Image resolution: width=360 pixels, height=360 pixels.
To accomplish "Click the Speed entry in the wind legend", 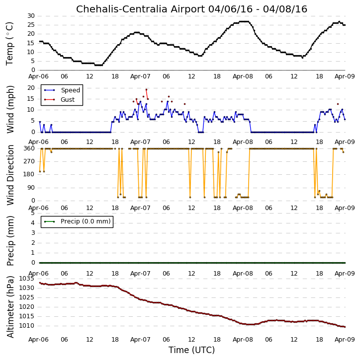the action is (70, 90).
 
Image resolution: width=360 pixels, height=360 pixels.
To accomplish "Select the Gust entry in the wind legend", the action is (68, 100).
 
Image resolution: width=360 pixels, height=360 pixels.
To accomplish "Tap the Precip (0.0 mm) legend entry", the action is (86, 221).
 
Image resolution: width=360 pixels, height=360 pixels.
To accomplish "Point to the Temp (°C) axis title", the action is (9, 44).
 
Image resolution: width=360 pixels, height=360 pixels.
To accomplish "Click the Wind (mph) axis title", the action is (10, 110).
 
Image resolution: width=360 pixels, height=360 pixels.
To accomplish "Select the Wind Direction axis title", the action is (10, 175).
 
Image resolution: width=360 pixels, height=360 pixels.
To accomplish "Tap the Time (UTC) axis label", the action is (192, 351).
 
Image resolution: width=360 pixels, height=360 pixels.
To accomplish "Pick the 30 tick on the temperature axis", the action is (31, 16).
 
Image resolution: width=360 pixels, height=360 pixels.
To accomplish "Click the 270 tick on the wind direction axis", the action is (29, 161).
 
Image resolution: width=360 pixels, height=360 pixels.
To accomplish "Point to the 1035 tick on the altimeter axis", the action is (26, 279).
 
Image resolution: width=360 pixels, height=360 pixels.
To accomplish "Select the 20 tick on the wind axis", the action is (31, 88).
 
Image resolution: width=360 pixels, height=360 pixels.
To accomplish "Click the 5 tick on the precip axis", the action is (33, 214).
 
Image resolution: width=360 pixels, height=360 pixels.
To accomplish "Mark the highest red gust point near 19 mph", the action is (147, 89).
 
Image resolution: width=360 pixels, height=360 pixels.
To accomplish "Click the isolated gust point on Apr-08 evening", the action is (338, 104).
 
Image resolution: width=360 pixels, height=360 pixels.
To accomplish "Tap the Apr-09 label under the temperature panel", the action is (345, 76).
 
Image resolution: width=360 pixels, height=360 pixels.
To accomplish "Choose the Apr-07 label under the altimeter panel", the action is (140, 340).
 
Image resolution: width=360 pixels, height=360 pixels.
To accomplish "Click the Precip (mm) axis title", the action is (10, 241).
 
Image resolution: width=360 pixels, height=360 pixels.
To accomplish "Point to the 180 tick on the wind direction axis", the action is (29, 174).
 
